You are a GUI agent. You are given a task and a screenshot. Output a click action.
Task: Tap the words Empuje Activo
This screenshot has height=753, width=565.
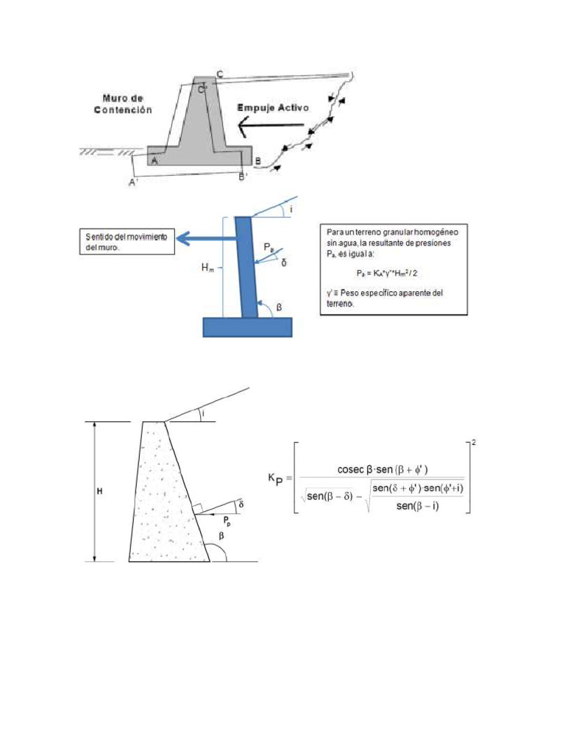tap(274, 108)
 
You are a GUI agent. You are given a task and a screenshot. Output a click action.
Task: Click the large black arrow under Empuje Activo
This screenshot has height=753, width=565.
tap(269, 126)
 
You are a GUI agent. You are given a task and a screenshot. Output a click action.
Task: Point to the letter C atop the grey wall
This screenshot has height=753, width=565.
tap(219, 74)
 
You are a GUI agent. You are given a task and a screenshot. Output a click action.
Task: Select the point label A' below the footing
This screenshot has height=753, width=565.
tap(133, 182)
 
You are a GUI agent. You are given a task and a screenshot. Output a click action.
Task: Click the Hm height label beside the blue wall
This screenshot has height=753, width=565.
tap(208, 270)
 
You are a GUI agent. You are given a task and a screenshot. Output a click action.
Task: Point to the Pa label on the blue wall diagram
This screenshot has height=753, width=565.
tap(270, 249)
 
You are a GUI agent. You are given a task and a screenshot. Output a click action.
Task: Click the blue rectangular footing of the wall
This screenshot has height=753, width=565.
tap(247, 327)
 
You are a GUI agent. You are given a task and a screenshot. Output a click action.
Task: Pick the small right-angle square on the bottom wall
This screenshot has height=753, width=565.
tap(197, 507)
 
